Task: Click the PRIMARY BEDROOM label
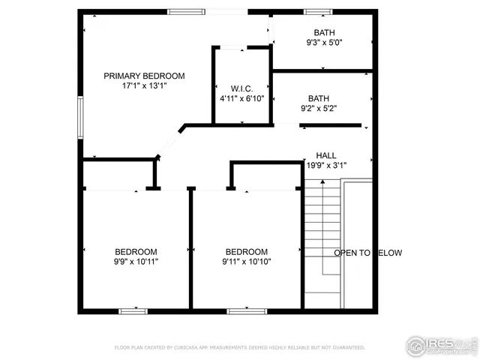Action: (x=144, y=76)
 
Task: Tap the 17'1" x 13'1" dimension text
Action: (x=144, y=85)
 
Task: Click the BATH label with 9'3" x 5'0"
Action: (x=324, y=32)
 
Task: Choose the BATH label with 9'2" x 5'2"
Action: (x=318, y=98)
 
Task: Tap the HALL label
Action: (x=326, y=154)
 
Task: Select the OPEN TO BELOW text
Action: (x=367, y=253)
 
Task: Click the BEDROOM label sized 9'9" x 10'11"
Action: (x=136, y=252)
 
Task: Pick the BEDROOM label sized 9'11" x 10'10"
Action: (x=246, y=252)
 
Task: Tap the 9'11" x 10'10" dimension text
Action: (x=246, y=262)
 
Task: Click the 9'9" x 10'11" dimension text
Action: (x=136, y=262)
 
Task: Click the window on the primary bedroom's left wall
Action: (x=80, y=117)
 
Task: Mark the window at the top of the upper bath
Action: (x=317, y=11)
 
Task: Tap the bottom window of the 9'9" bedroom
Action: (x=133, y=310)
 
